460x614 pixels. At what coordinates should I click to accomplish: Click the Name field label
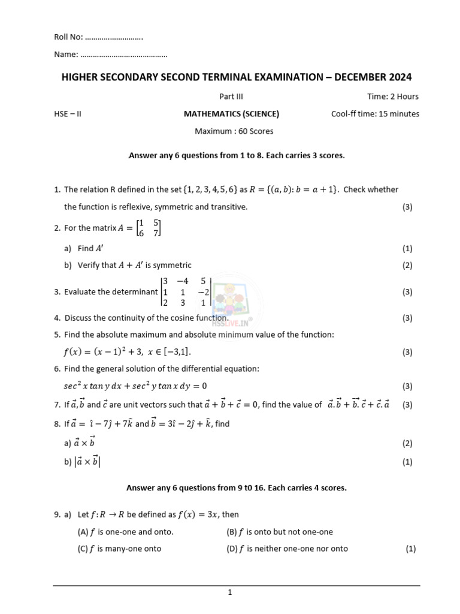coord(66,55)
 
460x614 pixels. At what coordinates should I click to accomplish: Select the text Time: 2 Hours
coord(392,97)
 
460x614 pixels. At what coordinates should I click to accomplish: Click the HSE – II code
coord(67,114)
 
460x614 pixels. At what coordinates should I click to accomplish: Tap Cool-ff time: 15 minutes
coord(375,114)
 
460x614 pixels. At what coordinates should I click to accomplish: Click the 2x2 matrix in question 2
coord(149,228)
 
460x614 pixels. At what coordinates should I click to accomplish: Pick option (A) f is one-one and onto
coord(126,531)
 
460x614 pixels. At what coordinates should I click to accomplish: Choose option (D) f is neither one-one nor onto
coord(287,548)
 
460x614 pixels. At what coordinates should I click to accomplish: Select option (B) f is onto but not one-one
coord(280,531)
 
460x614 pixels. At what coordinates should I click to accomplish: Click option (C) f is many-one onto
coord(120,548)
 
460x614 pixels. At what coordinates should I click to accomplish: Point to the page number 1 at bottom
coord(229,592)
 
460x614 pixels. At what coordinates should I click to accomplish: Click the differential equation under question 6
coord(135,386)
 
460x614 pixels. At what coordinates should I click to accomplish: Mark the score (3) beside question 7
coord(407,405)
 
